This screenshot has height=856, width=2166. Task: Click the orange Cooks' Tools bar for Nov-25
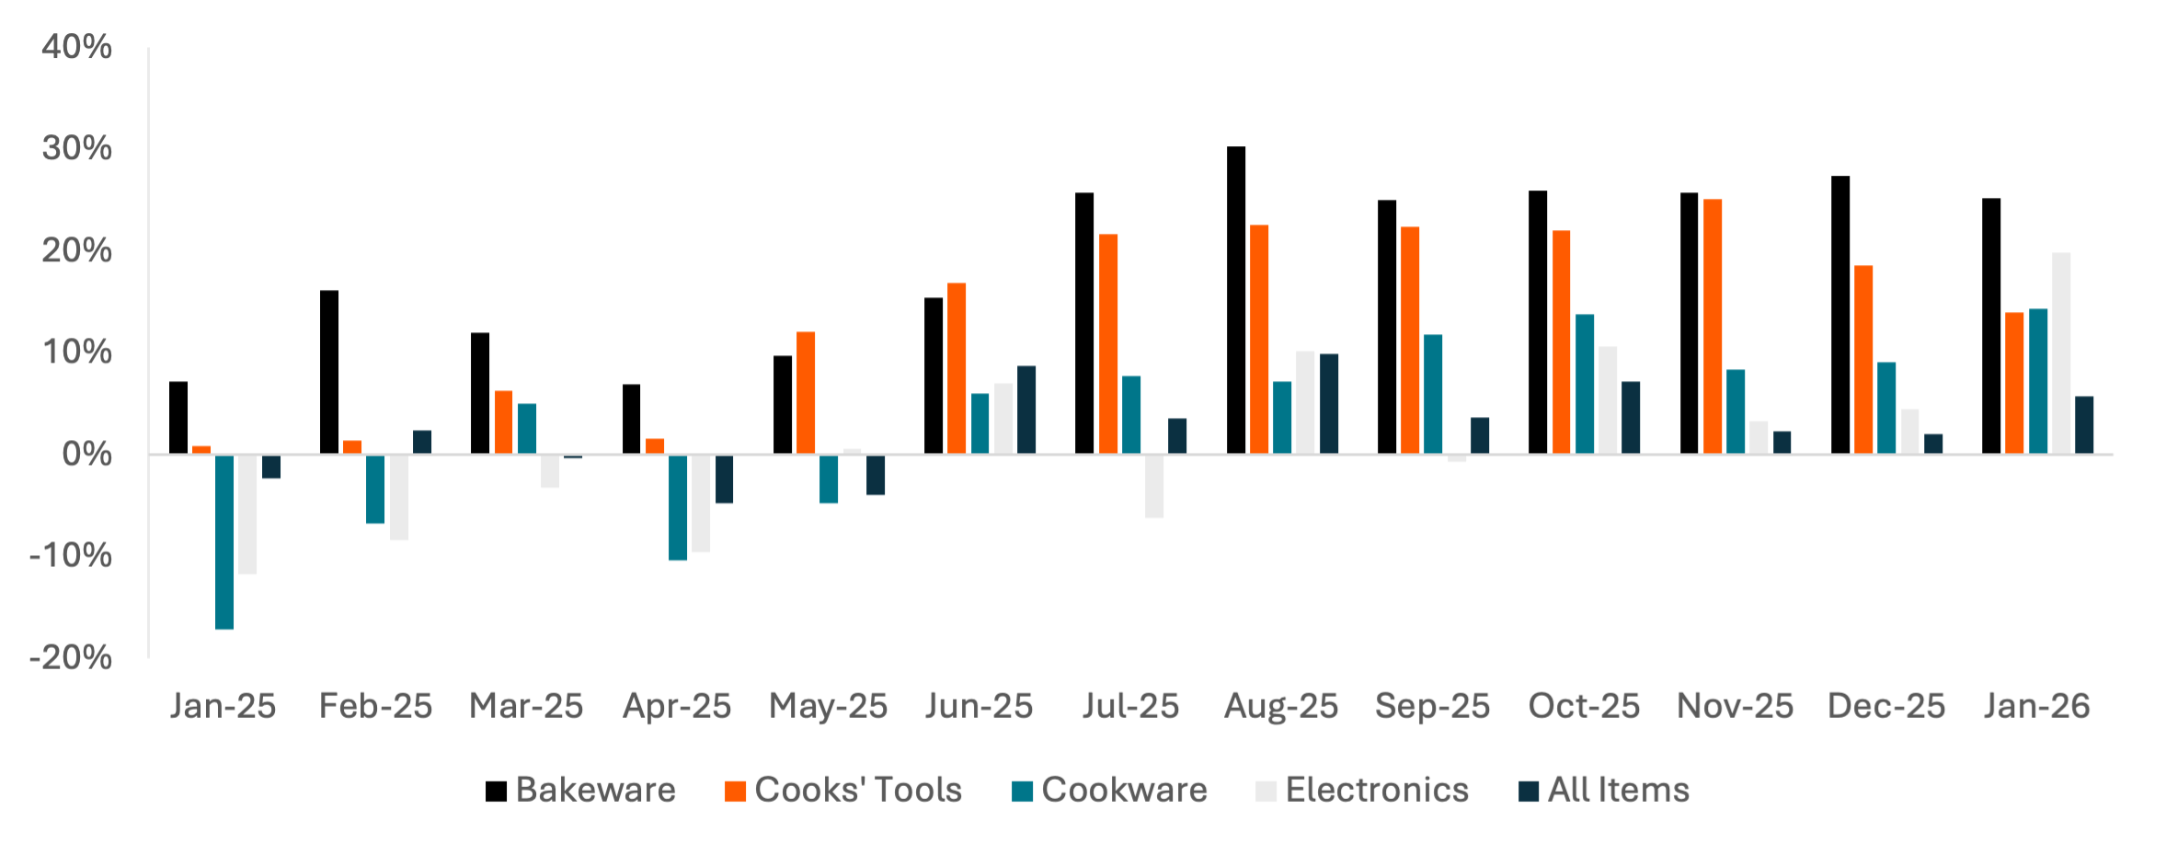point(1713,326)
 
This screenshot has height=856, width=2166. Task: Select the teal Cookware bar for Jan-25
point(224,542)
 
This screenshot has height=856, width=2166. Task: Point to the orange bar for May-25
point(806,392)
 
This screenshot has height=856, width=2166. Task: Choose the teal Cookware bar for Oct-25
point(1585,384)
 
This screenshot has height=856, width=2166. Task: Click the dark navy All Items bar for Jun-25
point(1026,410)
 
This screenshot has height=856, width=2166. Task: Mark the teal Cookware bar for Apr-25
point(678,507)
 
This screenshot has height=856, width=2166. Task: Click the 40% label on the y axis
point(76,47)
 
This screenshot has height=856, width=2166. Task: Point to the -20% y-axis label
point(71,657)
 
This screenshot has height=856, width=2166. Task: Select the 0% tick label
point(86,454)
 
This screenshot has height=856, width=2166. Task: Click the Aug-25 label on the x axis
point(1281,706)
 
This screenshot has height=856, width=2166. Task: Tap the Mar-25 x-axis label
point(526,706)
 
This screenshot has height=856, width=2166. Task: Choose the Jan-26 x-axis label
point(2036,706)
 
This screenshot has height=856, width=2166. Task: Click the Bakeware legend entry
point(596,790)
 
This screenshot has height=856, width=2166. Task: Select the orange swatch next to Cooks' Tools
point(735,791)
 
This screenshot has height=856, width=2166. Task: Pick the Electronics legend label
point(1377,790)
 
